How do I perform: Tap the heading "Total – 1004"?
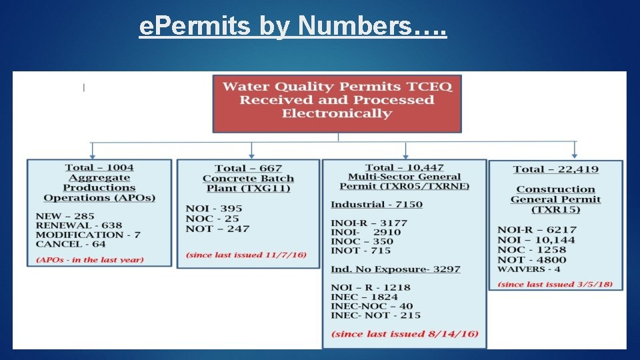pos(99,167)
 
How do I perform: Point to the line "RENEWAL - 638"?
pos(79,225)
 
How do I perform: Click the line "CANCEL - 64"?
pos(71,244)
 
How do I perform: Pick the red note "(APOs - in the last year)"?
pos(90,259)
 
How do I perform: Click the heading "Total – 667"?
pos(248,168)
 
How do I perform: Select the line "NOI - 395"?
pos(214,209)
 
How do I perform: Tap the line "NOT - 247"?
pos(217,229)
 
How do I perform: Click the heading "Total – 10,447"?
pos(405,167)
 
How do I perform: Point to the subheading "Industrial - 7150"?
pos(377,204)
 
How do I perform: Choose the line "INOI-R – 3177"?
pos(369,222)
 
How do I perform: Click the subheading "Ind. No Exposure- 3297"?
pos(395,269)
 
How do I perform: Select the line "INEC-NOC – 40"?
pos(372,306)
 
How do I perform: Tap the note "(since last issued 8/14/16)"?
pos(405,333)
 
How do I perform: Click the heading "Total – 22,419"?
pos(556,169)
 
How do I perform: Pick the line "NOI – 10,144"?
pos(537,239)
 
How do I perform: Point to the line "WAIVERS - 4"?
pos(529,269)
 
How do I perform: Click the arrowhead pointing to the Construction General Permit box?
pos(574,155)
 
